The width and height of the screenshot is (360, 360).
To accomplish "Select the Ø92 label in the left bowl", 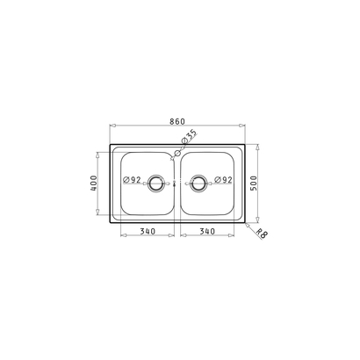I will (133, 181).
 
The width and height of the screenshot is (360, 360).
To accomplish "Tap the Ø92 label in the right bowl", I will (223, 181).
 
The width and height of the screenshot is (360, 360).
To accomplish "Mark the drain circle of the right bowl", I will (199, 184).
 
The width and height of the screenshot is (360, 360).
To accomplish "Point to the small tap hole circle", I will (177, 154).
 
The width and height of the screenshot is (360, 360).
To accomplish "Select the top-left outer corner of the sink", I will (110, 145).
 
